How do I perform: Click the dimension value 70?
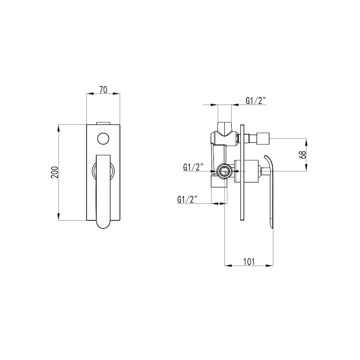coord(103,89)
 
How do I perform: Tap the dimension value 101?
coord(249,261)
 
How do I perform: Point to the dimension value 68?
coord(302,155)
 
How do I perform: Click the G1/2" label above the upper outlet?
coord(256,101)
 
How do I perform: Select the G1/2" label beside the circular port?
coord(193,167)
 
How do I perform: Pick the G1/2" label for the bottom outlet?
coord(187,199)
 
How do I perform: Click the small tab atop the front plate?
coord(103,123)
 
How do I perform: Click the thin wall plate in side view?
coord(242,172)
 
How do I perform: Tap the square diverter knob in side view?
coord(263,138)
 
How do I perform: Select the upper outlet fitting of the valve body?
coord(225,127)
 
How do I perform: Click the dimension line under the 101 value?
coord(249,265)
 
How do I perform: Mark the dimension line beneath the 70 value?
coord(103,94)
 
